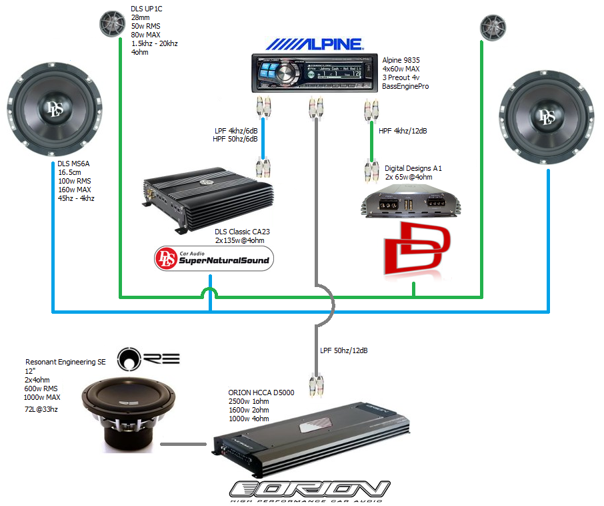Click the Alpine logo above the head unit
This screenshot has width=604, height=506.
coord(314,44)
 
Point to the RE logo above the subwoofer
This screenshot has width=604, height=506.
coord(148,358)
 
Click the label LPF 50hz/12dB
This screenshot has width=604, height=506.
coord(344,350)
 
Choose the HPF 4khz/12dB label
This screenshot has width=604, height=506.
coord(402,132)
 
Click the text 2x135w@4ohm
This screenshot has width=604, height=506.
coord(242,240)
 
